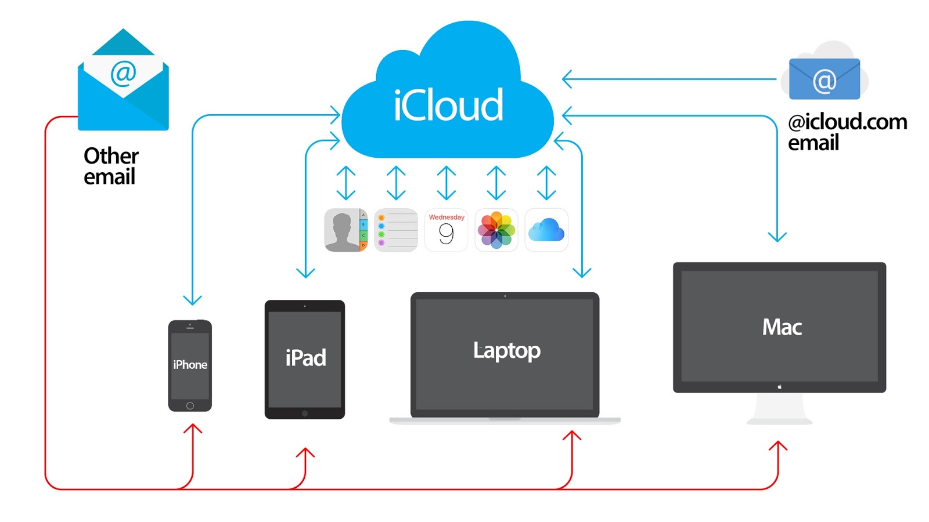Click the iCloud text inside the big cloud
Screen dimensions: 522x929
click(448, 106)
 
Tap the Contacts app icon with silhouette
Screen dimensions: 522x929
click(345, 230)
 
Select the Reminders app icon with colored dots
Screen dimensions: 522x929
click(396, 230)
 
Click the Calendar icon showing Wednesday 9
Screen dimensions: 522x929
click(446, 230)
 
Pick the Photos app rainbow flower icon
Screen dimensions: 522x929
click(496, 230)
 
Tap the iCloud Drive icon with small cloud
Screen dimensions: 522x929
click(546, 230)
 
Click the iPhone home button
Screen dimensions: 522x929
click(190, 405)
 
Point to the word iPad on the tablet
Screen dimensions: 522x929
click(305, 358)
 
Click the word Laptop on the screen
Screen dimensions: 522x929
click(506, 350)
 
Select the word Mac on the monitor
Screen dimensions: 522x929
click(782, 327)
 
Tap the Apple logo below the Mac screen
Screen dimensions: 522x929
click(779, 386)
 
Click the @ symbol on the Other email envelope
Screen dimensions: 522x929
click(123, 73)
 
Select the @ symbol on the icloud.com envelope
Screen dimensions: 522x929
click(824, 81)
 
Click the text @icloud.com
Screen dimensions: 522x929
click(847, 122)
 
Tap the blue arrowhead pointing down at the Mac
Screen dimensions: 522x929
click(777, 237)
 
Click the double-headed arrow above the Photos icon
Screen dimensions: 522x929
click(496, 183)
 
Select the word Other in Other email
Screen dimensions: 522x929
click(111, 156)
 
